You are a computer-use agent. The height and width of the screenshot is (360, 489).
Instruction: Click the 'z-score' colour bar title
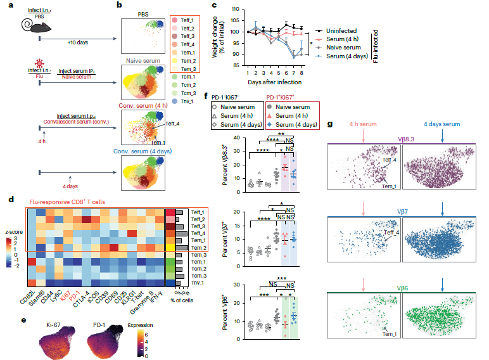tap(13, 232)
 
